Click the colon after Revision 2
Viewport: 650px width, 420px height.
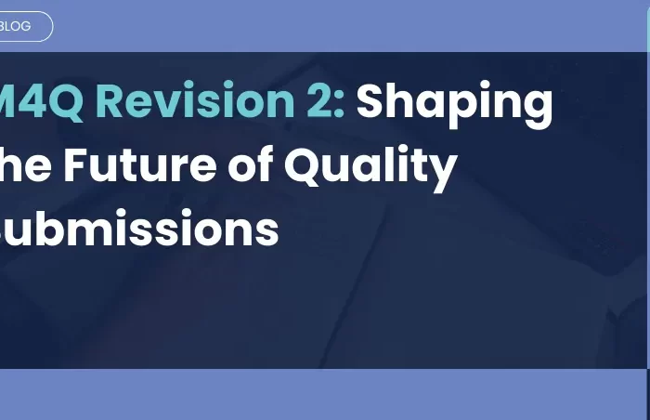click(339, 102)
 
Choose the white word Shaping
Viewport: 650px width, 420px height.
click(455, 102)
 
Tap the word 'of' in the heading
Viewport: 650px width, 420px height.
click(250, 165)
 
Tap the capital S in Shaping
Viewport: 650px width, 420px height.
click(371, 100)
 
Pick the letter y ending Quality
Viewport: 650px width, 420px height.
click(444, 171)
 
